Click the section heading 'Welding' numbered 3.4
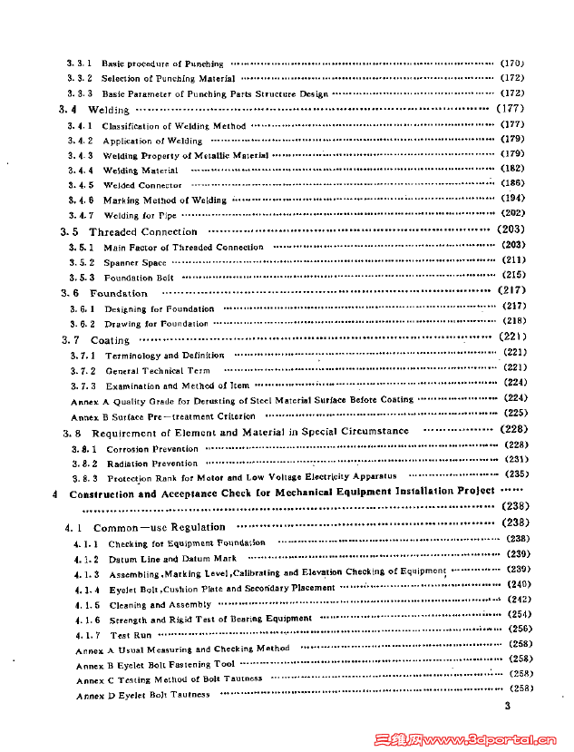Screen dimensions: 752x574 click(108, 110)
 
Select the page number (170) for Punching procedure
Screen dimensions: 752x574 click(512, 63)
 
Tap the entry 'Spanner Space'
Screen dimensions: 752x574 click(134, 262)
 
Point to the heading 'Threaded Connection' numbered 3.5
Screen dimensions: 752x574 click(142, 232)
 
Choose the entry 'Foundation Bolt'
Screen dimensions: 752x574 click(139, 278)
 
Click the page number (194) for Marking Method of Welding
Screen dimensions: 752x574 click(513, 199)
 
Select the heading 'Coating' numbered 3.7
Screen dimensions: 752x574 click(110, 340)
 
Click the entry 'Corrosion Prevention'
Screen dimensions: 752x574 click(152, 449)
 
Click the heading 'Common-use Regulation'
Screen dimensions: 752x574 click(160, 527)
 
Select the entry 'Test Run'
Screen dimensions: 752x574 click(131, 635)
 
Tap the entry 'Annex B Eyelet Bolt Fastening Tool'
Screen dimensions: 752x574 click(155, 665)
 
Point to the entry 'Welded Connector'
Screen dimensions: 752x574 click(142, 185)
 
